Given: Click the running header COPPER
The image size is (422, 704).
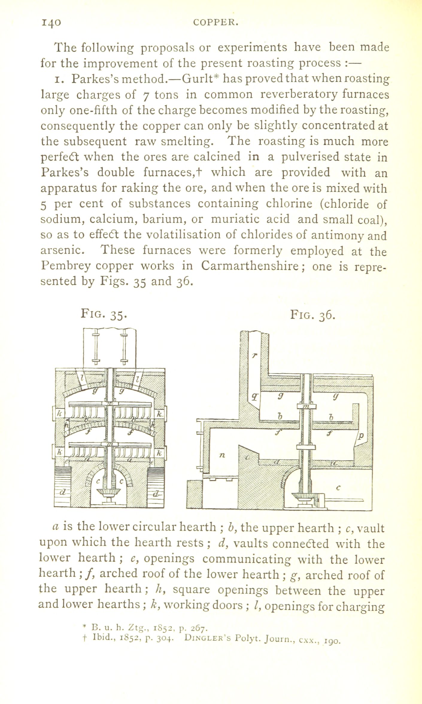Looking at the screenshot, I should [215, 22].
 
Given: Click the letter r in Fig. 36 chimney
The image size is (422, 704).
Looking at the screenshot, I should [254, 356].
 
